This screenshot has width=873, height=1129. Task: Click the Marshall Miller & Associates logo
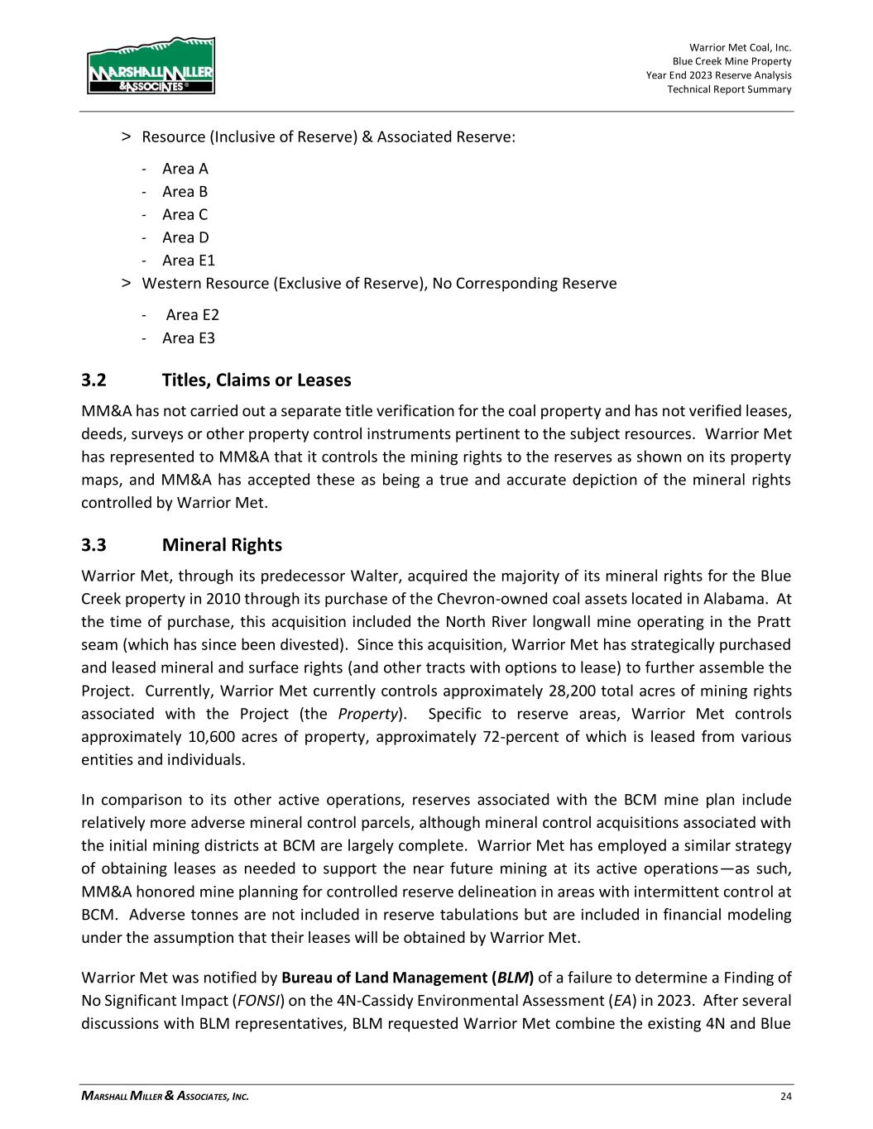[151, 65]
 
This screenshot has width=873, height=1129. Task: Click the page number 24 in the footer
[785, 1097]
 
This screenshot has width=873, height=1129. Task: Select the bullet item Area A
[185, 169]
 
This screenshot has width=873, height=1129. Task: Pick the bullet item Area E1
[188, 261]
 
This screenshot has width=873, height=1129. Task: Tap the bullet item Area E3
[188, 337]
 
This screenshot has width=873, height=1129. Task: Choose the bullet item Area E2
[192, 314]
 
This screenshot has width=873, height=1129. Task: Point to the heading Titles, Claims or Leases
[257, 380]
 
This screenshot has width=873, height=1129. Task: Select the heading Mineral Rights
[222, 545]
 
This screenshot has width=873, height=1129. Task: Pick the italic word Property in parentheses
[377, 714]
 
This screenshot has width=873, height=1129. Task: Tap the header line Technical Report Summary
[729, 89]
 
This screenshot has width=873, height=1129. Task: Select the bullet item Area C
[185, 214]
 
